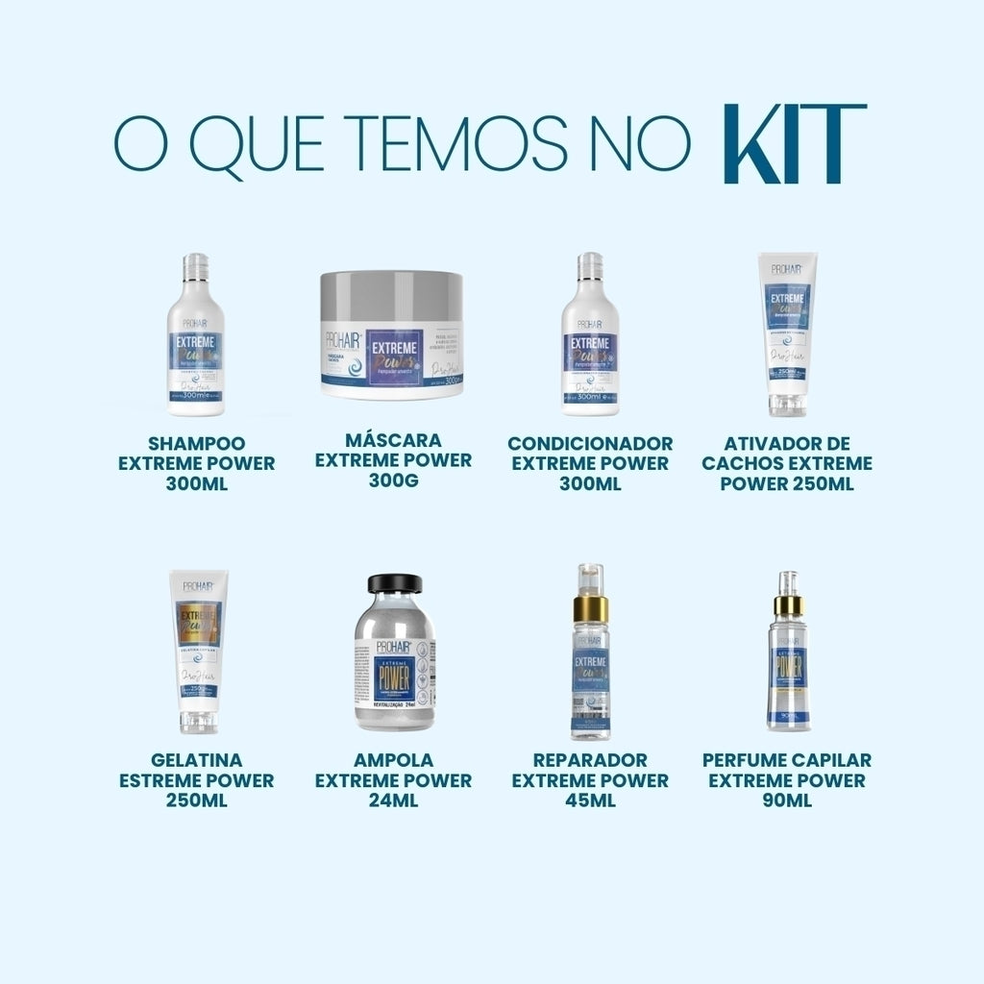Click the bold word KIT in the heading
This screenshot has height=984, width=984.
click(794, 145)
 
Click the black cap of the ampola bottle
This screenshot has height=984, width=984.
click(395, 584)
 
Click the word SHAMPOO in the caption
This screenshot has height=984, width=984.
click(197, 443)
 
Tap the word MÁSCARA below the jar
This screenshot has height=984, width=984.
click(393, 440)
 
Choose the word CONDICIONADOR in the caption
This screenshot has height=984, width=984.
click(590, 443)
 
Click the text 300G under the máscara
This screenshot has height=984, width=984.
click(393, 480)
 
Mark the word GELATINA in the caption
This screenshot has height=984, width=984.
click(196, 760)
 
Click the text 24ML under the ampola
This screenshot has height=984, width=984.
click(393, 800)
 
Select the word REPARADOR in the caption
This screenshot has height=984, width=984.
click(590, 760)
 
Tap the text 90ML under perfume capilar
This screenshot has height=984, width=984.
click(787, 800)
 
